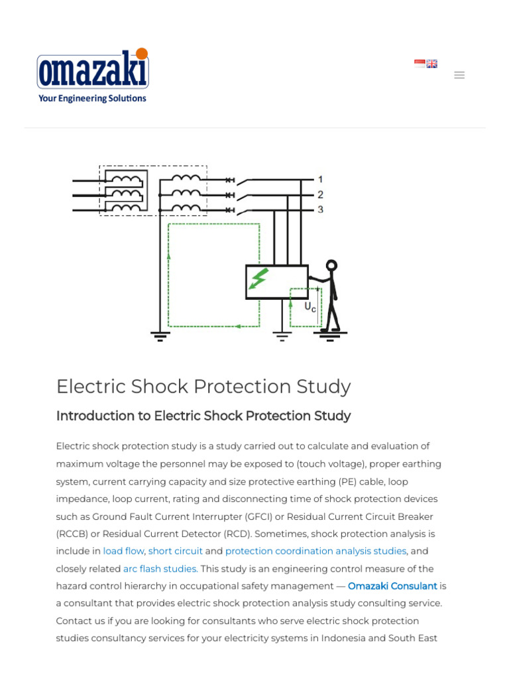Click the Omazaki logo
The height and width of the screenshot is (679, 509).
tap(93, 70)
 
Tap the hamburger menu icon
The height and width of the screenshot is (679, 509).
tap(459, 75)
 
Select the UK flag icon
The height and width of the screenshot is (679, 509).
tap(432, 64)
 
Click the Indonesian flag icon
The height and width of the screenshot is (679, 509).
tap(420, 64)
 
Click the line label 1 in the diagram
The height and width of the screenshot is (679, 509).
tap(320, 179)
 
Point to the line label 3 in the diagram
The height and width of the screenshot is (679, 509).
tap(320, 210)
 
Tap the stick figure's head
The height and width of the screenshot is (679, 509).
tap(331, 266)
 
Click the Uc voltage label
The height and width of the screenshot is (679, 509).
tap(310, 307)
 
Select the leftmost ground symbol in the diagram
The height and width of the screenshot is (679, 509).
tap(160, 335)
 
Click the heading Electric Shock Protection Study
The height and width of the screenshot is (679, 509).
tap(203, 387)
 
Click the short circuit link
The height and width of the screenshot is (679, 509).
tap(176, 551)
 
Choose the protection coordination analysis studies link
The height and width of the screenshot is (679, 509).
tap(315, 551)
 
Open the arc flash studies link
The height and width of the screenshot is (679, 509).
tap(160, 568)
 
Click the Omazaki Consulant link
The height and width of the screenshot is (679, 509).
tap(392, 586)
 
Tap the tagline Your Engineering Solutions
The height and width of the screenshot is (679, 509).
tap(92, 98)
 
